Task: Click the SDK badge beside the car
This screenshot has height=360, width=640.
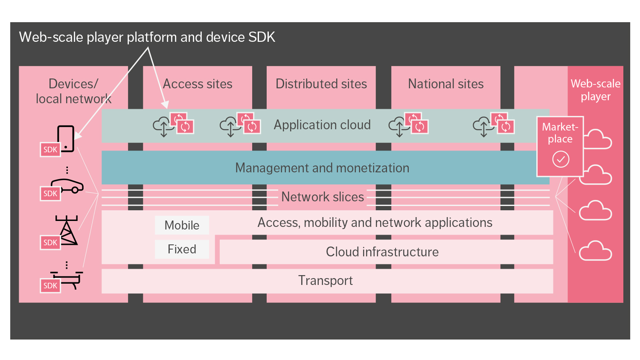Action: coord(50,194)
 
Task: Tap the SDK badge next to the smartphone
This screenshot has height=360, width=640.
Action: coord(50,150)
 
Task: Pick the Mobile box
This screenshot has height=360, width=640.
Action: coord(182,225)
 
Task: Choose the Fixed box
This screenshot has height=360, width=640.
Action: coord(182,249)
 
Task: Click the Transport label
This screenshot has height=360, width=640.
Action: coord(325,281)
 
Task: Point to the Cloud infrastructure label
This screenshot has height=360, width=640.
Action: coord(382,252)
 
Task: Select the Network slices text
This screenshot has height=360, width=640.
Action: coord(323,197)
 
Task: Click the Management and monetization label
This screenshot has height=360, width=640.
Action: coord(322,168)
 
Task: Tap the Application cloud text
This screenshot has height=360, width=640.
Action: coord(322,125)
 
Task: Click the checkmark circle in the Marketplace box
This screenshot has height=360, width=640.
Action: coord(561,160)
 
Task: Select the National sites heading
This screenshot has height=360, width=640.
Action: coord(445,84)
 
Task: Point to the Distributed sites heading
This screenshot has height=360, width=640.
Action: coord(321,84)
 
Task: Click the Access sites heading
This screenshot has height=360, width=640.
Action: coord(198,84)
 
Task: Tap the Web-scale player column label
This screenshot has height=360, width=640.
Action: coord(595,90)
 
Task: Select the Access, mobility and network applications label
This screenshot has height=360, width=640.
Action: coord(375,223)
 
